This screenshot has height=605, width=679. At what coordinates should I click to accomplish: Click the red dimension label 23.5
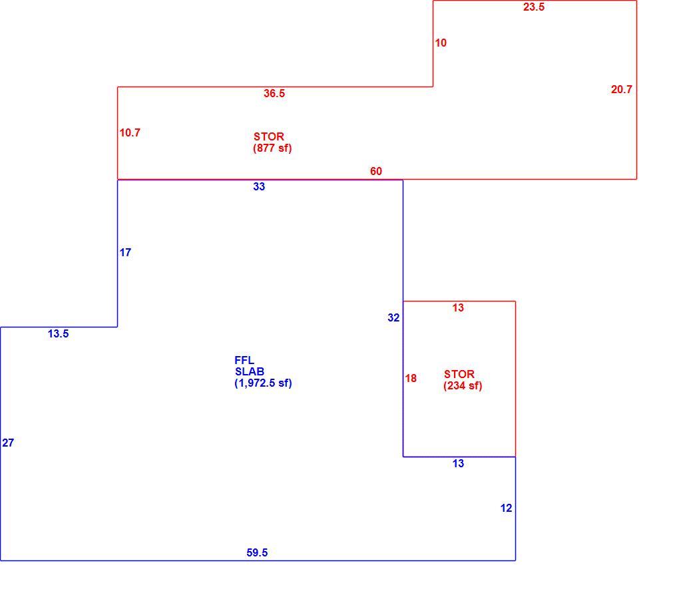[533, 7]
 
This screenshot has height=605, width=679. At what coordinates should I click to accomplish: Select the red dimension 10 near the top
[441, 43]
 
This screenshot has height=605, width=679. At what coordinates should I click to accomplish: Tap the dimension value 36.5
[274, 94]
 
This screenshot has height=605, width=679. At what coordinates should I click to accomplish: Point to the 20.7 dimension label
[621, 89]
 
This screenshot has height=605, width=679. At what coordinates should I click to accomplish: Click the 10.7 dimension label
[130, 132]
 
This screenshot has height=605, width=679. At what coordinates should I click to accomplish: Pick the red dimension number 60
[376, 172]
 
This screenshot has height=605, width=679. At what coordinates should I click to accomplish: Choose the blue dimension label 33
[259, 186]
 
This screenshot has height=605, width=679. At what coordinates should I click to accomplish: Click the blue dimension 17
[125, 252]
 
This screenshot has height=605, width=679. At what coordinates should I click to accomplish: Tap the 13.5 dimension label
[58, 334]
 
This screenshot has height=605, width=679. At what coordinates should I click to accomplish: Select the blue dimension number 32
[393, 318]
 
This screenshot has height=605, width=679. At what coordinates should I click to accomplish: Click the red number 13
[458, 308]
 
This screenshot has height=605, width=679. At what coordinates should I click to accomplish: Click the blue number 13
[458, 464]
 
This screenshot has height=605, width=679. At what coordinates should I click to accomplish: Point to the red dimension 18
[411, 379]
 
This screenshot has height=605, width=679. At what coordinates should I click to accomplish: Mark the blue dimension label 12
[506, 508]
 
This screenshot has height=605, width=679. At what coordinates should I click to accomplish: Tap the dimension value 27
[8, 443]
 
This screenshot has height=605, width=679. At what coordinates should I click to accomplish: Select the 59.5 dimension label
[257, 552]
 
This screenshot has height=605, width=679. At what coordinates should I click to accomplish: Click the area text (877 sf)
[272, 148]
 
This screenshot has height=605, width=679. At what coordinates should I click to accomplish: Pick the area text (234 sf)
[463, 386]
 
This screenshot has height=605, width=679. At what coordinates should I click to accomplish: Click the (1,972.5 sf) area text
[264, 383]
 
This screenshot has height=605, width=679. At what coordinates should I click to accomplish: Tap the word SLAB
[250, 371]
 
